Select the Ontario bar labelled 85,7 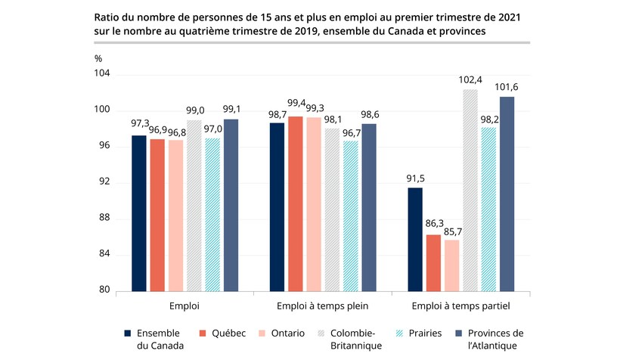pyautogui.click(x=452, y=265)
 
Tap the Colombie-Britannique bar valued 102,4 pyautogui.click(x=470, y=190)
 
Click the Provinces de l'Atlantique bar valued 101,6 pyautogui.click(x=507, y=194)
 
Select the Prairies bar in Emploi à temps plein pyautogui.click(x=351, y=216)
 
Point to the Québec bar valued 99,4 pyautogui.click(x=296, y=203)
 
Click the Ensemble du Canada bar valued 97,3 pyautogui.click(x=139, y=213)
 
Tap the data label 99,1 pyautogui.click(x=231, y=109)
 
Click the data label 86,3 pyautogui.click(x=434, y=225)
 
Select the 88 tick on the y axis pyautogui.click(x=105, y=219)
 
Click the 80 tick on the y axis pyautogui.click(x=105, y=290)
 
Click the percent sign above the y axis pyautogui.click(x=98, y=57)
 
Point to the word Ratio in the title pyautogui.click(x=110, y=16)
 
